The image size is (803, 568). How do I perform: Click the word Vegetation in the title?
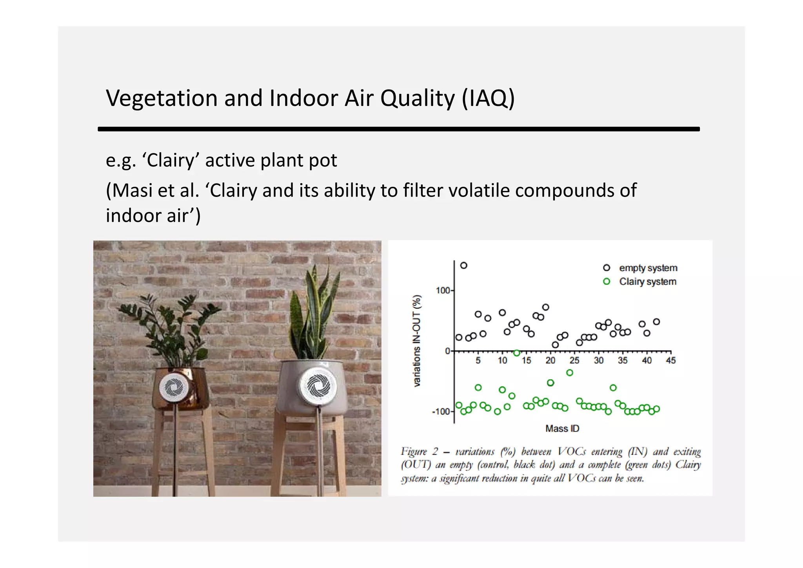click(x=162, y=98)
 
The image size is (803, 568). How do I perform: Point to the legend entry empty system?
click(x=648, y=268)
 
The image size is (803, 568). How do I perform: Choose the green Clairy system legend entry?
click(x=647, y=282)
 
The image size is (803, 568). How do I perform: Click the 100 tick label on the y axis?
click(x=443, y=291)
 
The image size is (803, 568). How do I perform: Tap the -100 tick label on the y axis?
click(x=441, y=411)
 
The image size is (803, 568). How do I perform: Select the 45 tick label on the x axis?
click(x=671, y=360)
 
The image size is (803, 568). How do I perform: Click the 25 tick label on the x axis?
click(x=574, y=360)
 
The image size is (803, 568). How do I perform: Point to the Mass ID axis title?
click(x=562, y=429)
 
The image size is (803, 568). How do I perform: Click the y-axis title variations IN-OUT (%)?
click(x=417, y=340)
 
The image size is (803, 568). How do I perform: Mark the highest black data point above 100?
click(x=463, y=266)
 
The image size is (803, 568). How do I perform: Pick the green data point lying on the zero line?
click(x=516, y=353)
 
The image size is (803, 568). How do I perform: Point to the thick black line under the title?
click(x=398, y=129)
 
